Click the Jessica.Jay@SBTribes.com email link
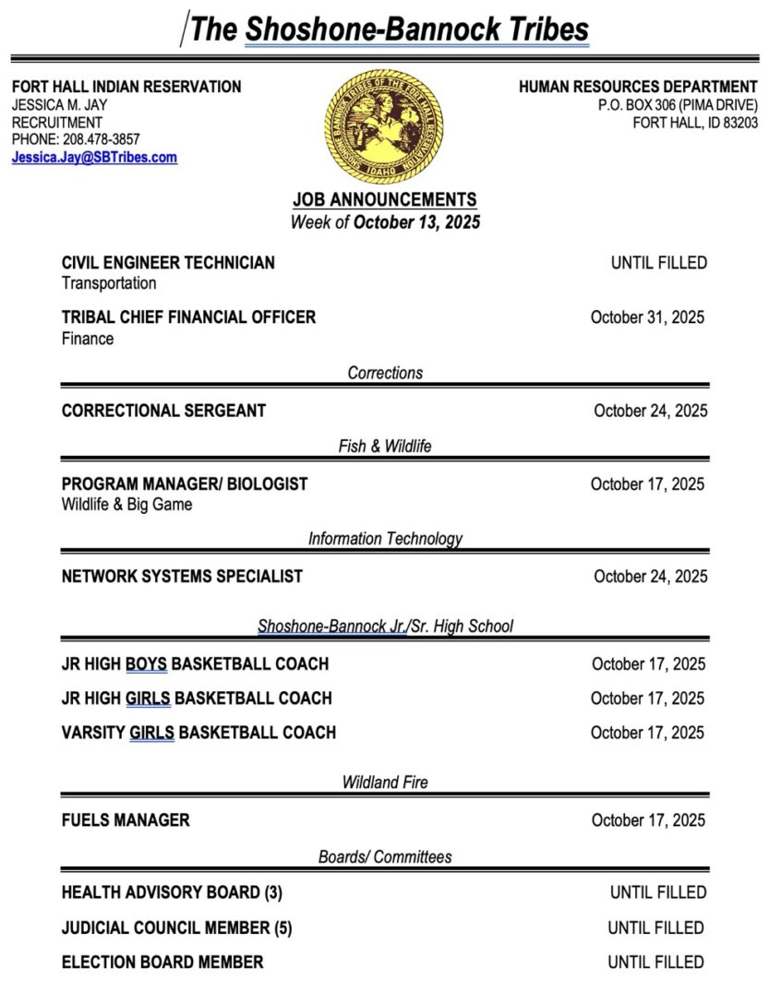tap(94, 158)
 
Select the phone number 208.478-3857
tap(102, 139)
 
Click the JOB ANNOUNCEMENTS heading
tap(385, 199)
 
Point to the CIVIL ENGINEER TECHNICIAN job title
tap(168, 263)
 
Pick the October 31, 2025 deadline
tap(647, 317)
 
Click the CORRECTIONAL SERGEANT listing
tap(163, 411)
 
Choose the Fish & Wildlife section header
tap(385, 447)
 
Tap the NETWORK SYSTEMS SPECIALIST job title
tap(182, 577)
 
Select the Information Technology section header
tap(385, 538)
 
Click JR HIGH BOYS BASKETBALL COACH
tap(195, 664)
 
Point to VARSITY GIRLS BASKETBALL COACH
tap(198, 733)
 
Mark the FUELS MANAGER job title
tap(126, 820)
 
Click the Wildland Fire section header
tap(385, 783)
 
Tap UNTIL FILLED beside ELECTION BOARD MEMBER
tap(656, 962)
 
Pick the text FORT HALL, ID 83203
tap(695, 123)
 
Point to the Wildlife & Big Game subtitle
tap(127, 505)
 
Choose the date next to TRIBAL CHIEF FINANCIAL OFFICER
tap(647, 317)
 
